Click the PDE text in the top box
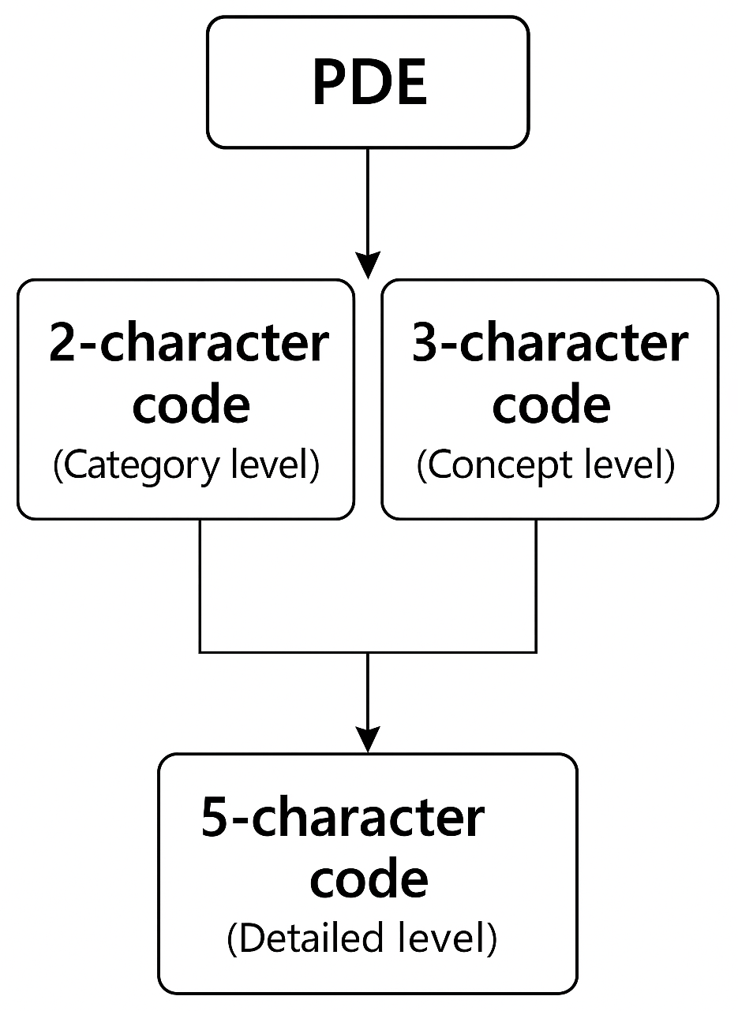click(369, 83)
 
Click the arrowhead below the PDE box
click(368, 265)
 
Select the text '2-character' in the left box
click(189, 345)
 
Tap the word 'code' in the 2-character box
click(190, 404)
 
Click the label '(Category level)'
click(186, 465)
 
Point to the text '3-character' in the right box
click(550, 345)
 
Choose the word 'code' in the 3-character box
click(551, 404)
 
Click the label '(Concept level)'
click(546, 465)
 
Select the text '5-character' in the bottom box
click(342, 818)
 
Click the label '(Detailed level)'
click(362, 939)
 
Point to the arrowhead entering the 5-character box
click(368, 740)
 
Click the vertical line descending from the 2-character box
click(200, 584)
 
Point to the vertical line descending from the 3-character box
click(537, 584)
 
